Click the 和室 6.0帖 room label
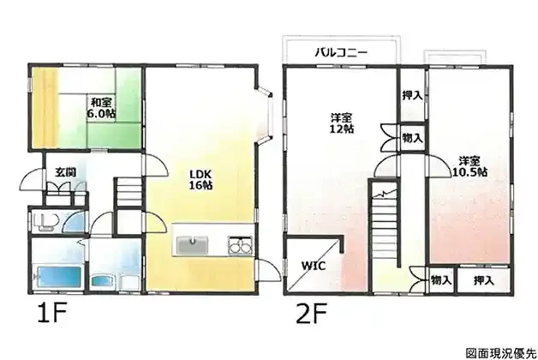tap(101, 107)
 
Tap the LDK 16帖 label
tap(201, 179)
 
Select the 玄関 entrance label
tap(65, 172)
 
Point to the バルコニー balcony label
tap(342, 52)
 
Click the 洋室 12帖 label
tap(342, 123)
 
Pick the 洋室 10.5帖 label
tap(469, 166)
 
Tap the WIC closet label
tap(314, 266)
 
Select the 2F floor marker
tap(312, 312)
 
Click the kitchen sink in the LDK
tap(193, 245)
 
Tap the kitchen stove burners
tap(240, 246)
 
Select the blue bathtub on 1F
tap(58, 278)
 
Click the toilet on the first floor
tap(45, 222)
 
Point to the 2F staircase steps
tap(384, 228)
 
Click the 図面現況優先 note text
tap(500, 353)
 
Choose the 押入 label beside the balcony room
tap(412, 95)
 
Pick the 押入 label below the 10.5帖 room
tap(484, 281)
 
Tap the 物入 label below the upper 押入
tap(412, 138)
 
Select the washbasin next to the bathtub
tap(102, 281)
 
